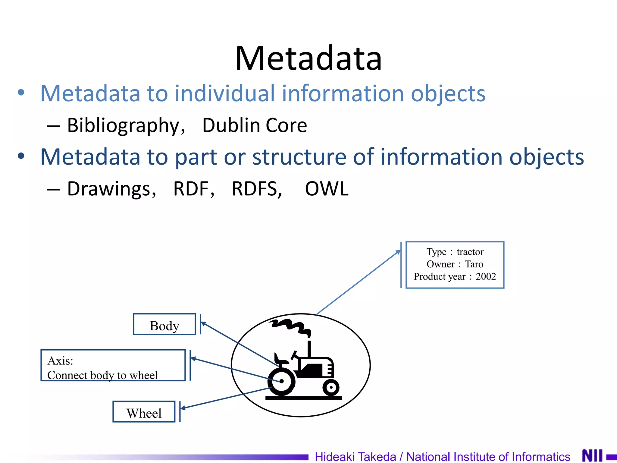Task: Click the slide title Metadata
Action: pyautogui.click(x=308, y=58)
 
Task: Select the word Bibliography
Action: pyautogui.click(x=123, y=125)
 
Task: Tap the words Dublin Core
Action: pyautogui.click(x=255, y=125)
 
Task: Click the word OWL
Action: pyautogui.click(x=327, y=189)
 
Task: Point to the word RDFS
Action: pyautogui.click(x=256, y=189)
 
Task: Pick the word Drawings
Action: pyautogui.click(x=108, y=189)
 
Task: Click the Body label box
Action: pyautogui.click(x=164, y=325)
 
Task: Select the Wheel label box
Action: pyautogui.click(x=144, y=412)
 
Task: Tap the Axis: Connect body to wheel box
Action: pyautogui.click(x=113, y=366)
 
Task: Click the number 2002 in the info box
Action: pyautogui.click(x=486, y=276)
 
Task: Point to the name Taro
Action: pyautogui.click(x=474, y=264)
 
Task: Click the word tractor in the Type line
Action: pyautogui.click(x=470, y=252)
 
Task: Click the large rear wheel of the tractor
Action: pyautogui.click(x=281, y=382)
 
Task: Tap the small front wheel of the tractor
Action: pyautogui.click(x=331, y=387)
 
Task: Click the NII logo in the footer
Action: pyautogui.click(x=592, y=455)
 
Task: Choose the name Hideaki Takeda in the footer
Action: pyautogui.click(x=355, y=457)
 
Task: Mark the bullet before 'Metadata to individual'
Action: pyautogui.click(x=21, y=93)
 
